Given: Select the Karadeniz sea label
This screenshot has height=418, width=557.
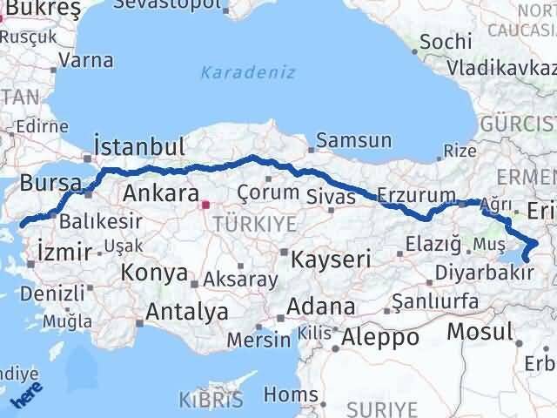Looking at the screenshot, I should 248,72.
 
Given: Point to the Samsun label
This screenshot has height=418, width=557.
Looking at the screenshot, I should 353,140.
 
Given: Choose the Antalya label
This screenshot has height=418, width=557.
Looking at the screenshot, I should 188,312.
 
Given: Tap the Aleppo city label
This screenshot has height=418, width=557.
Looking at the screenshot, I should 380,336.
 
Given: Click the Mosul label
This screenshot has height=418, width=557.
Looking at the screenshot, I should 480,332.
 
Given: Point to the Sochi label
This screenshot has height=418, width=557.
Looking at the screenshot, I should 446,41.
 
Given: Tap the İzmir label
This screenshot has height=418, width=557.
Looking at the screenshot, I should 64,253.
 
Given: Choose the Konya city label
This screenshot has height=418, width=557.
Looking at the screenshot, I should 154,273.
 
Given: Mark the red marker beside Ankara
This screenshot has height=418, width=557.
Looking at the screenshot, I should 205,206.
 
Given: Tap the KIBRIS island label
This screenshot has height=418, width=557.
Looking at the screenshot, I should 210,400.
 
